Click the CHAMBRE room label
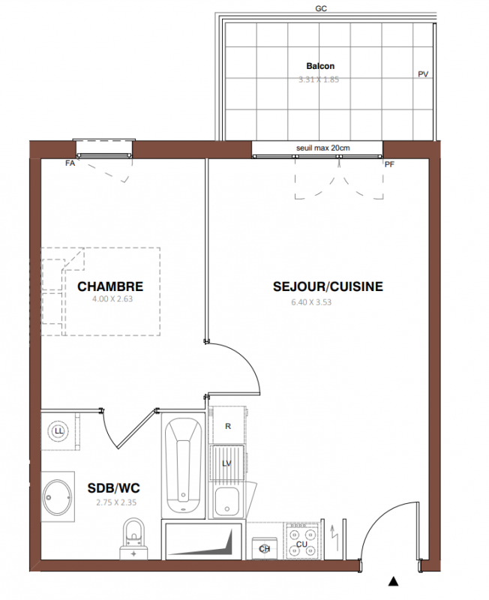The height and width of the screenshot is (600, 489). tap(110, 286)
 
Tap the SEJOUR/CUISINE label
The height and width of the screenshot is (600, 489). tap(328, 286)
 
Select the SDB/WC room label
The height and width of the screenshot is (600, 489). tap(114, 488)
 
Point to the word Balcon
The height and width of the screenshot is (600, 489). tap(320, 66)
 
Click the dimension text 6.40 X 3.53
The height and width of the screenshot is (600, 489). tap(311, 302)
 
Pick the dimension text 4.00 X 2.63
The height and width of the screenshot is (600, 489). tap(112, 298)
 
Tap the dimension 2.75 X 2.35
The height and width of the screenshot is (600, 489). tap(116, 502)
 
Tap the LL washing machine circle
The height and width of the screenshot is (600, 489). tap(59, 431)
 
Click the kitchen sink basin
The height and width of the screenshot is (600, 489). tap(227, 501)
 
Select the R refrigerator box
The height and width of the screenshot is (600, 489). tap(228, 424)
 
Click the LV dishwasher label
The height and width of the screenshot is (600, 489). tap(227, 463)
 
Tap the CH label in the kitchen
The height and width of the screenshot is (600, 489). tap(265, 549)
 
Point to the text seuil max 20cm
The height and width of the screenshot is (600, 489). tap(323, 148)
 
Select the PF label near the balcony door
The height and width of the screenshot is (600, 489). tap(389, 164)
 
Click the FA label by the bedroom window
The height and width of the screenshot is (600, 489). tap(70, 163)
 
